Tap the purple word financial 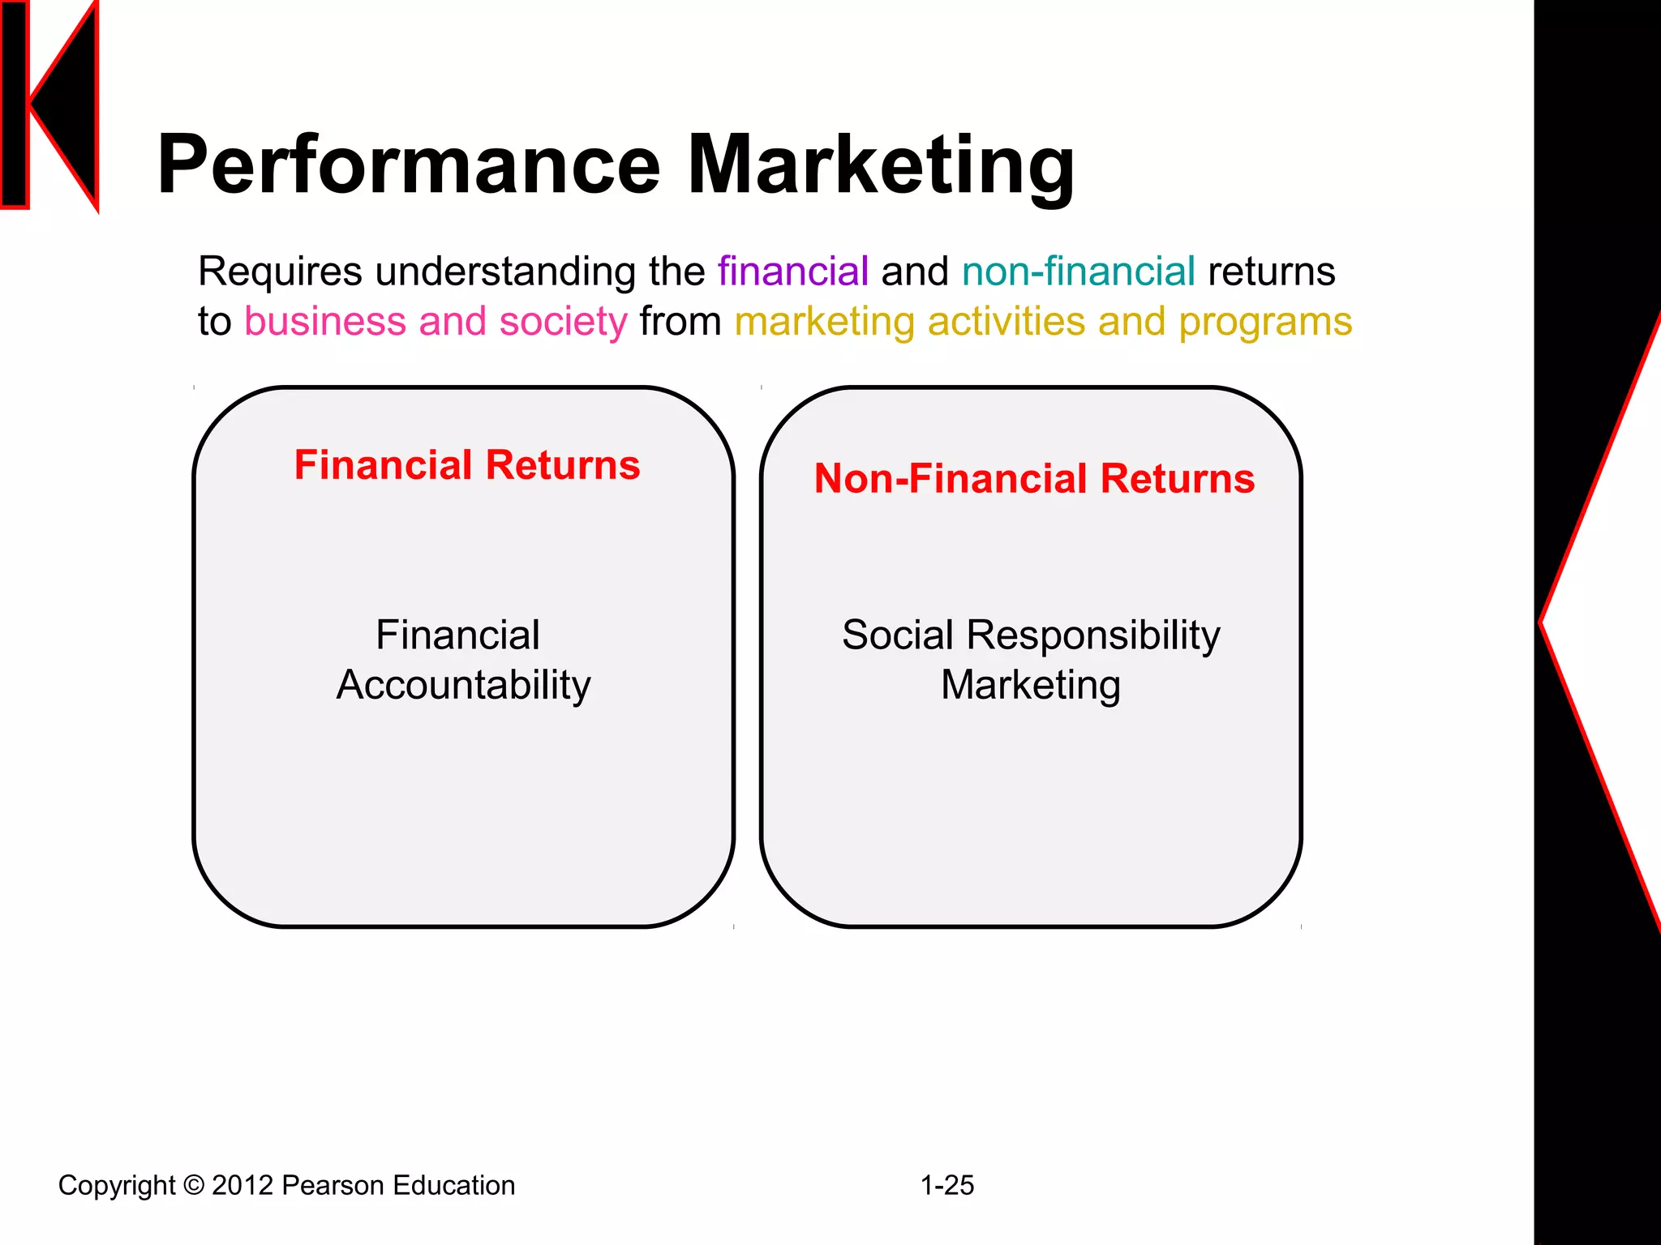792,271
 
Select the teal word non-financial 1078,271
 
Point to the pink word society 563,321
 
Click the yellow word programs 1265,321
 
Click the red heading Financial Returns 467,465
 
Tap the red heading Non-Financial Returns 1034,478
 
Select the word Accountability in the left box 463,685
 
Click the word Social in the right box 897,635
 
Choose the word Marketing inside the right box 1031,685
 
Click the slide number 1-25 946,1186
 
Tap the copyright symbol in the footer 194,1186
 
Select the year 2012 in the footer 242,1186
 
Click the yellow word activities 1006,321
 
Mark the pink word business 324,321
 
